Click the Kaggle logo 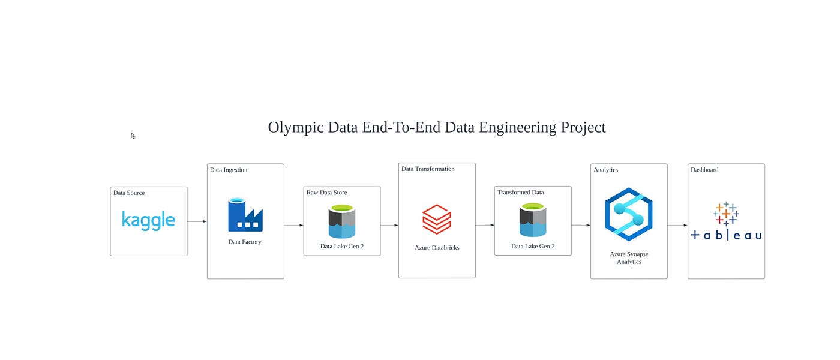click(x=148, y=220)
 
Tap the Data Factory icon click(x=245, y=215)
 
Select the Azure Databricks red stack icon click(x=436, y=219)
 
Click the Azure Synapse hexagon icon click(x=629, y=214)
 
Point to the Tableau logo click(x=726, y=221)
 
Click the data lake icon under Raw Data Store click(x=341, y=221)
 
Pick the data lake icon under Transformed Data click(x=533, y=220)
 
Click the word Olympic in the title click(x=292, y=128)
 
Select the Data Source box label click(x=129, y=193)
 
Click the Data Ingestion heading click(x=229, y=170)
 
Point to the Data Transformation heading click(x=428, y=169)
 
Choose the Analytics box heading click(x=605, y=170)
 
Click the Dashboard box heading click(x=704, y=170)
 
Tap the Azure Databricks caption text click(x=437, y=248)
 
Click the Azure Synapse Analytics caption click(x=629, y=258)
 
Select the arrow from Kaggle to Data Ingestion click(x=197, y=221)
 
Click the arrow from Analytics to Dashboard click(x=677, y=226)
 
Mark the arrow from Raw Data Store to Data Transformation click(x=389, y=226)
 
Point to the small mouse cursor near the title click(x=133, y=136)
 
